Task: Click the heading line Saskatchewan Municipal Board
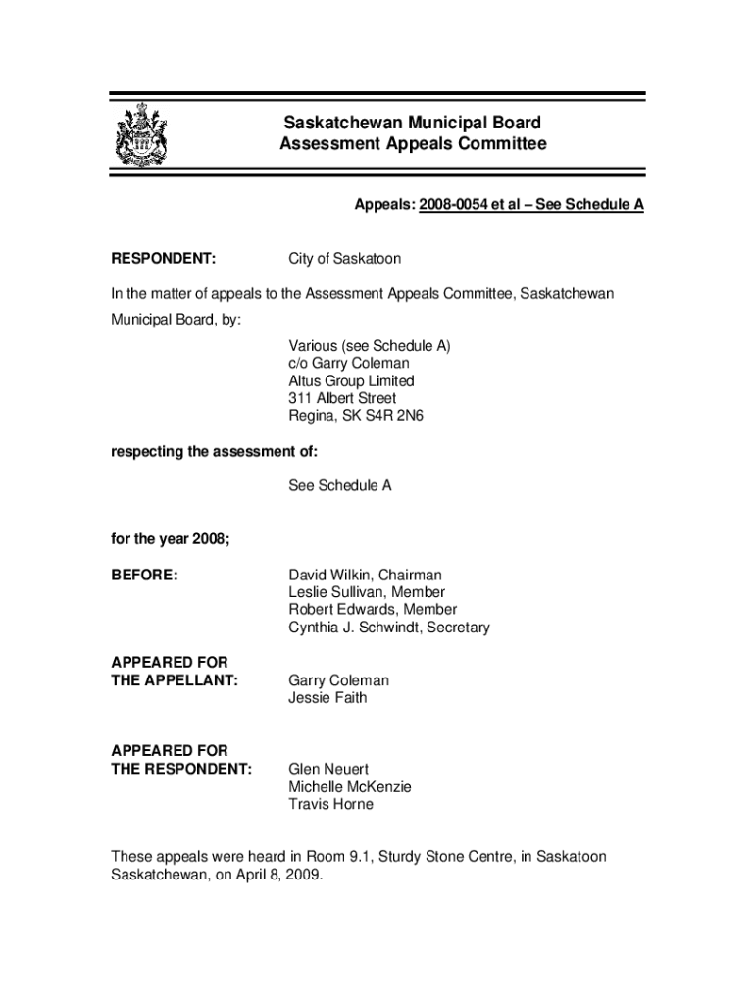pyautogui.click(x=412, y=124)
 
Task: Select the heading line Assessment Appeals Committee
pyautogui.click(x=412, y=145)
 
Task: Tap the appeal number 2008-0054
pyautogui.click(x=457, y=206)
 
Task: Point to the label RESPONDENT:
pyautogui.click(x=163, y=259)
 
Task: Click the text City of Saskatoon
pyautogui.click(x=344, y=259)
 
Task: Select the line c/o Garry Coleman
pyautogui.click(x=348, y=363)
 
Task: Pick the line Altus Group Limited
pyautogui.click(x=351, y=380)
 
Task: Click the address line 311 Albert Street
pyautogui.click(x=342, y=398)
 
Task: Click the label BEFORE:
pyautogui.click(x=144, y=575)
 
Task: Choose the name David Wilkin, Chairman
pyautogui.click(x=365, y=575)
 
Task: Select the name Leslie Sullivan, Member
pyautogui.click(x=367, y=592)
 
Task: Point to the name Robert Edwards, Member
pyautogui.click(x=373, y=610)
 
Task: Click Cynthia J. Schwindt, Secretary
pyautogui.click(x=388, y=627)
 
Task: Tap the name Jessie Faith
pyautogui.click(x=327, y=698)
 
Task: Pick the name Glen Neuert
pyautogui.click(x=328, y=769)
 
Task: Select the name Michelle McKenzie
pyautogui.click(x=350, y=786)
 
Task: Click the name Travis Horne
pyautogui.click(x=330, y=804)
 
